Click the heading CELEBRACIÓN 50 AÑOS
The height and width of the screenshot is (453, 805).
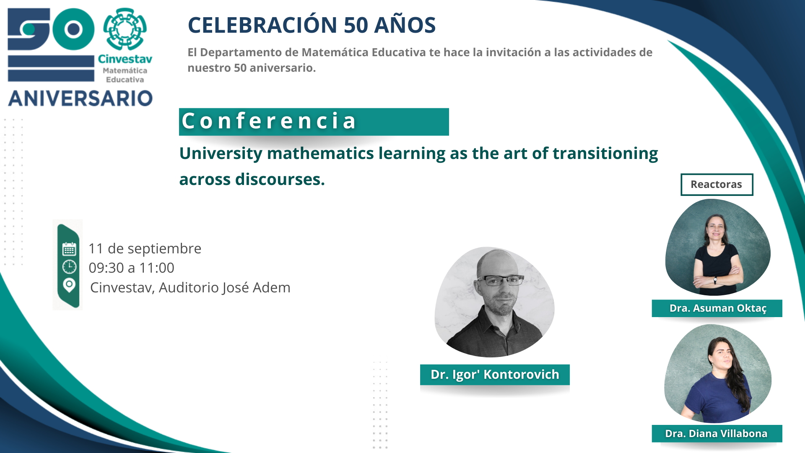pos(312,25)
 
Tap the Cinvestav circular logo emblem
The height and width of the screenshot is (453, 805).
pos(125,29)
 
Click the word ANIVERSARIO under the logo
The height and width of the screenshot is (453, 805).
pos(80,98)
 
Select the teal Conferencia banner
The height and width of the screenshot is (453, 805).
pos(314,122)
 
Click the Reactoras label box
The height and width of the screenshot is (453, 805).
pos(717,185)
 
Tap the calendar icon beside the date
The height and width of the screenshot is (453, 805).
pos(69,249)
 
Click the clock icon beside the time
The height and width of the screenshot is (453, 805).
pos(69,267)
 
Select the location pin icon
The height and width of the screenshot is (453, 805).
pos(69,285)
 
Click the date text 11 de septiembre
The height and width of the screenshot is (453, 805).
pos(145,249)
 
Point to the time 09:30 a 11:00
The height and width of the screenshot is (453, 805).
pos(131,268)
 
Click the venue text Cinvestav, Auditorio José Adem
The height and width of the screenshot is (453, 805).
pos(190,287)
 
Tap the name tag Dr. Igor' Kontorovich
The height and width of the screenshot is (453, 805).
pos(495,375)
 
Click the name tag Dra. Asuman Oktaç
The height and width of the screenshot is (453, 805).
pos(717,308)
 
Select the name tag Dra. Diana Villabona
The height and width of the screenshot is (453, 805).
pos(717,433)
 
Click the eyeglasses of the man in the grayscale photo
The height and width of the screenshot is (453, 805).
pos(501,280)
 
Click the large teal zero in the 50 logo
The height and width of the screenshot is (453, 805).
pos(74,29)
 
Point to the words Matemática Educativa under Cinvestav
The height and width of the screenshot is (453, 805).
pos(125,75)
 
